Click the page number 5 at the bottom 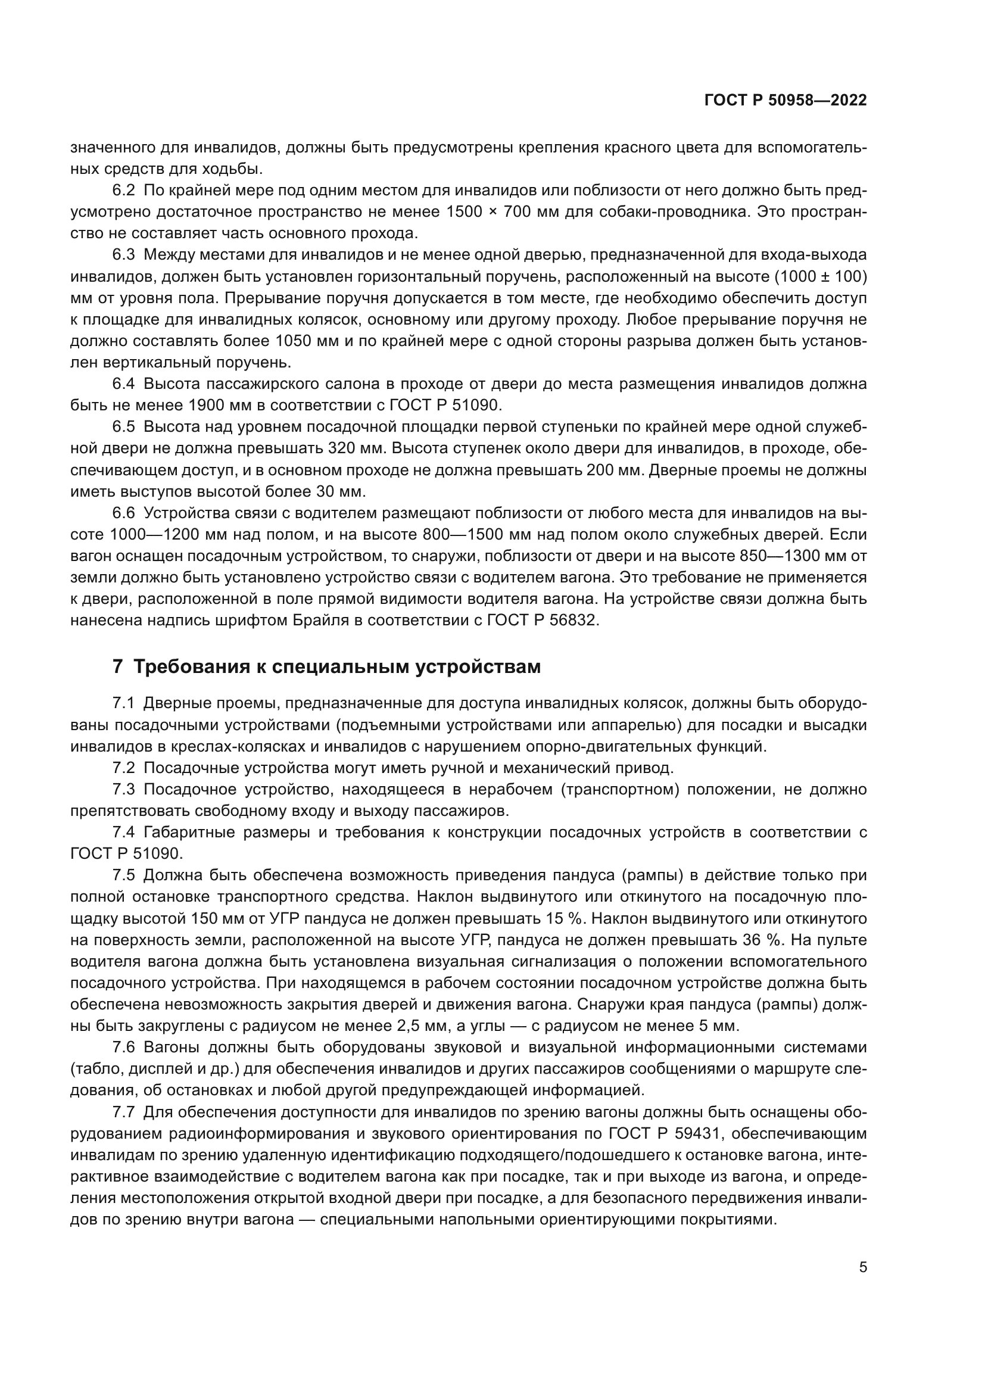[x=862, y=1250]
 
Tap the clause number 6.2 [x=123, y=191]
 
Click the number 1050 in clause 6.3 [x=295, y=341]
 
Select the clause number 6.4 [x=123, y=384]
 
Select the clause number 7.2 [x=123, y=768]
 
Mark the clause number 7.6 [x=123, y=1047]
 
